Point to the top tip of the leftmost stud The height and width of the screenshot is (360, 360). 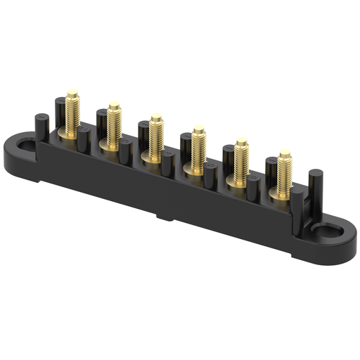tap(72, 92)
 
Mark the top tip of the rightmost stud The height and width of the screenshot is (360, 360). tap(285, 152)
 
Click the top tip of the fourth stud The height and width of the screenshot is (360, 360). tap(199, 129)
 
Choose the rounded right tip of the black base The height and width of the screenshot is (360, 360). tap(352, 241)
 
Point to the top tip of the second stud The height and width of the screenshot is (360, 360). tap(114, 104)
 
